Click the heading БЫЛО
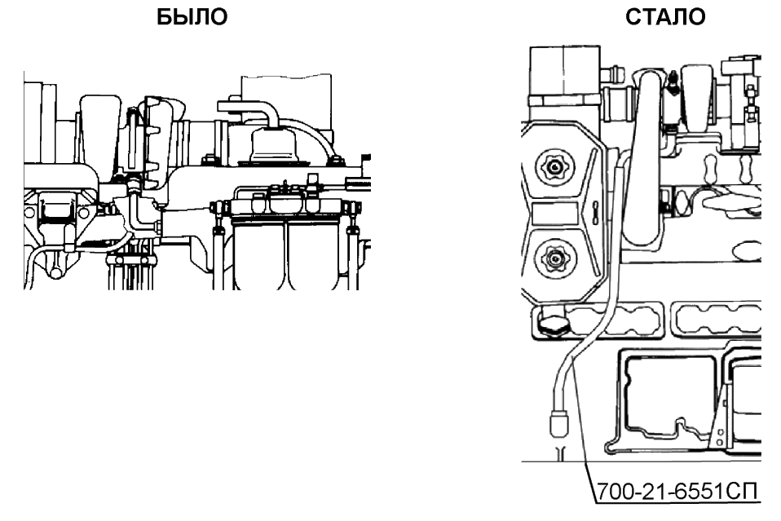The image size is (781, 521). pos(192,17)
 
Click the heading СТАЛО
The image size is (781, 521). pos(666,17)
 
